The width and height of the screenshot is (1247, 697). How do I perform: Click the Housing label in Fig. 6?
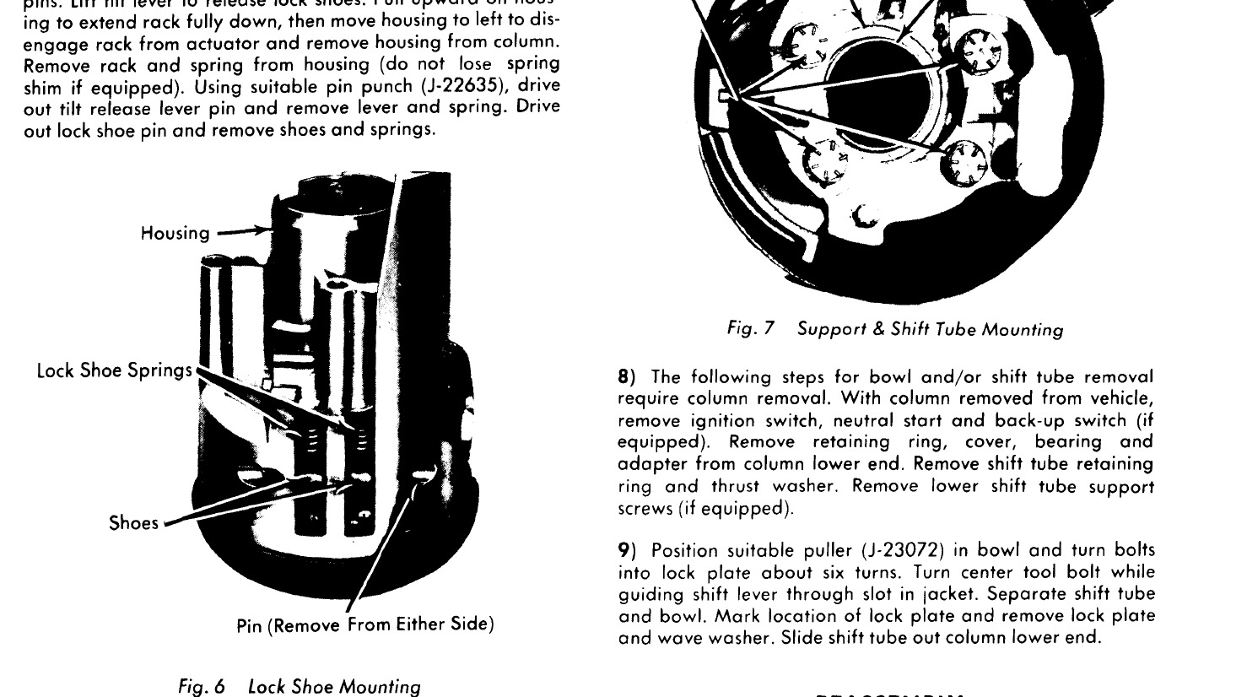point(175,233)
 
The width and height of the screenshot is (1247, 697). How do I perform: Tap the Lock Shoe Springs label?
point(115,371)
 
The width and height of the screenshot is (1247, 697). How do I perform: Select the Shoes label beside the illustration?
point(133,523)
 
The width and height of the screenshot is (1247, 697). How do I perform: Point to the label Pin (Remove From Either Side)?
point(364,625)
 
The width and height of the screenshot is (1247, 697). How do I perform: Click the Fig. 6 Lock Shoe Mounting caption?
point(300,686)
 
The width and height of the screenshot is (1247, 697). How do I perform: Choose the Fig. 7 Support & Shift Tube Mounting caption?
point(895,329)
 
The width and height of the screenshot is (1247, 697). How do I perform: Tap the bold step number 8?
point(625,376)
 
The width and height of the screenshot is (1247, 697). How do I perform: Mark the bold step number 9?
point(625,551)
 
